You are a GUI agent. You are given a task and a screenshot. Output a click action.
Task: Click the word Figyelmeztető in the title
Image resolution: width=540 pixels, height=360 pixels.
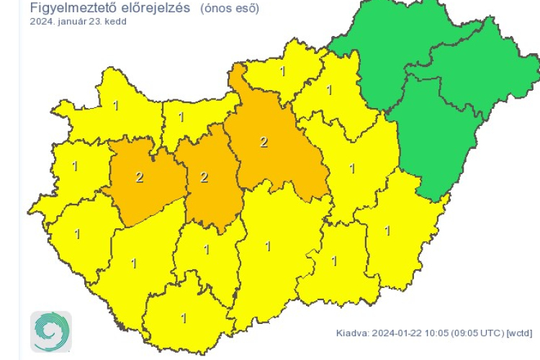pyautogui.click(x=71, y=9)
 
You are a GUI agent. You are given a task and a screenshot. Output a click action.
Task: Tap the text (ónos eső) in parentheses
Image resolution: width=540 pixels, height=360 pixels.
pyautogui.click(x=229, y=9)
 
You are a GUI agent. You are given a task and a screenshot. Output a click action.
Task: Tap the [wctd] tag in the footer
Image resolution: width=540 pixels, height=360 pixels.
pyautogui.click(x=519, y=333)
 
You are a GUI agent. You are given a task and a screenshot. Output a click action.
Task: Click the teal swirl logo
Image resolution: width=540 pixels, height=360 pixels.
pyautogui.click(x=50, y=332)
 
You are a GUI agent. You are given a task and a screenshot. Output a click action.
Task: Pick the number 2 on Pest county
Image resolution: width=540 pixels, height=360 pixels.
pyautogui.click(x=264, y=142)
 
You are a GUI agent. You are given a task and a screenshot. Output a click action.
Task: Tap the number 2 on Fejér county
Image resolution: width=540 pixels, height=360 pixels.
pyautogui.click(x=204, y=177)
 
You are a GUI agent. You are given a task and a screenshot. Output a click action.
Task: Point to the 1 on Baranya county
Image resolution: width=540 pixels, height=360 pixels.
pyautogui.click(x=184, y=318)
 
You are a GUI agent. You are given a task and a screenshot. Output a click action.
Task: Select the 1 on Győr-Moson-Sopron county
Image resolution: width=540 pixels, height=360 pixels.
pyautogui.click(x=116, y=106)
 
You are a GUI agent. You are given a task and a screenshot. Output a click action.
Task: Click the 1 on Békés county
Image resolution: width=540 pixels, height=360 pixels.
pyautogui.click(x=387, y=230)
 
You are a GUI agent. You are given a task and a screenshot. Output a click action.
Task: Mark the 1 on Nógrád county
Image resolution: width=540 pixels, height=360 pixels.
pyautogui.click(x=282, y=71)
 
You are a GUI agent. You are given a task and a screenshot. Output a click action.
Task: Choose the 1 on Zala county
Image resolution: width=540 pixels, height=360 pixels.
pyautogui.click(x=76, y=233)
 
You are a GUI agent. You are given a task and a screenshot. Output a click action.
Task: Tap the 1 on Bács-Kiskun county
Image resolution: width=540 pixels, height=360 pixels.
pyautogui.click(x=269, y=246)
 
